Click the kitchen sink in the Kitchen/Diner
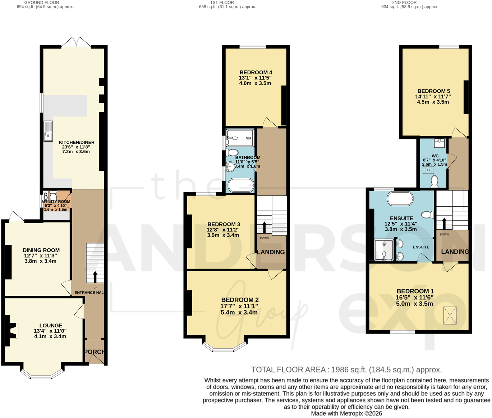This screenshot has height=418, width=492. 48,131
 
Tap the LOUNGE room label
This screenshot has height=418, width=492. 51,325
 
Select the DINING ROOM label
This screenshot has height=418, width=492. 41,250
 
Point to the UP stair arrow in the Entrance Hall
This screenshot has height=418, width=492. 95,277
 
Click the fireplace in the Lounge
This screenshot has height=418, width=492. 12,330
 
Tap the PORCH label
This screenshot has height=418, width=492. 94,352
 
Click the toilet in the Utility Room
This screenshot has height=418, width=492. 53,196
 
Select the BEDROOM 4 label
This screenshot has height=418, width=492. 256,72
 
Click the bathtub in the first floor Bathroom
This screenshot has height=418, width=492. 241,185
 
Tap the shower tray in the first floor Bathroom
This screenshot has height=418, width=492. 240,138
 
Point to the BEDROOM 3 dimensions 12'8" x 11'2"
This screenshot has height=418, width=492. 223,230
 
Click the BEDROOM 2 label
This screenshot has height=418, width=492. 240,300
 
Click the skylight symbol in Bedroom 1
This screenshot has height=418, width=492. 450,316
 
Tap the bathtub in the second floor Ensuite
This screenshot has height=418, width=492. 400,198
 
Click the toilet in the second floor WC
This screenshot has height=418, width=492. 434,182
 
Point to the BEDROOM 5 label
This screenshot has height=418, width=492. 434,91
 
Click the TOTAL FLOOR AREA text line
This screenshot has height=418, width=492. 346,370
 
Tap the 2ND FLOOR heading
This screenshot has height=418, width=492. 404,3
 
